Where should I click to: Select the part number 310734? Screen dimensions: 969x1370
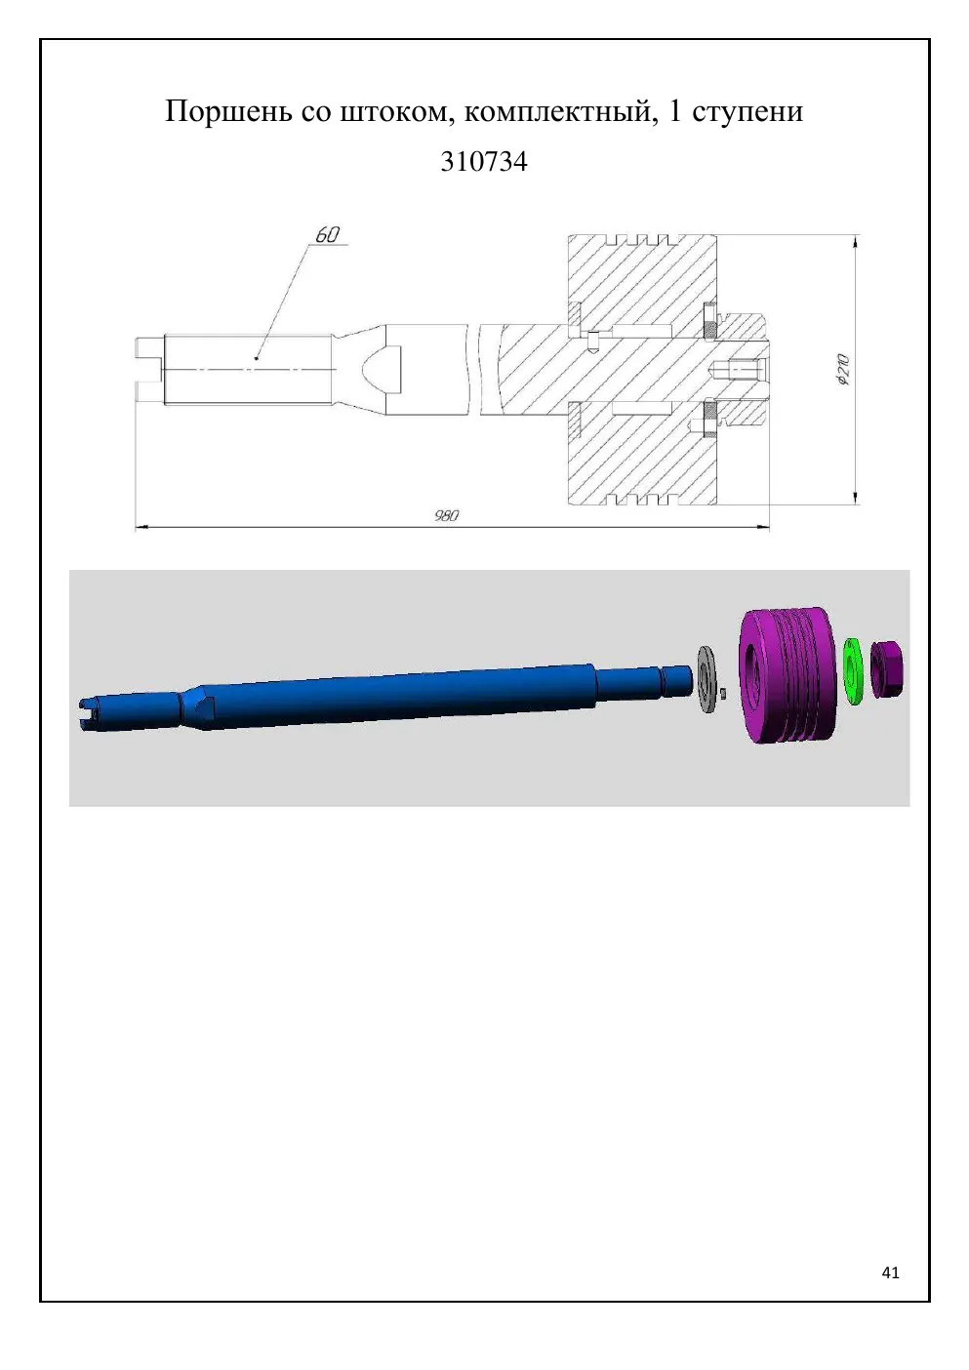point(484,162)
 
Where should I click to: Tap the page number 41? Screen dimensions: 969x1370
point(891,1272)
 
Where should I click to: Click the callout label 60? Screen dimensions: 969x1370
point(328,235)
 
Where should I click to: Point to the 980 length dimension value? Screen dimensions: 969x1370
point(447,515)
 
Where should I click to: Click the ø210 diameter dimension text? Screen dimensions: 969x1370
point(843,370)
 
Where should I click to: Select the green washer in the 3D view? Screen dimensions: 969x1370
point(852,670)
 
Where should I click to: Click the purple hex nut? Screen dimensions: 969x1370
point(888,669)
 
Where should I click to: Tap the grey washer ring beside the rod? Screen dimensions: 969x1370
point(708,678)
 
